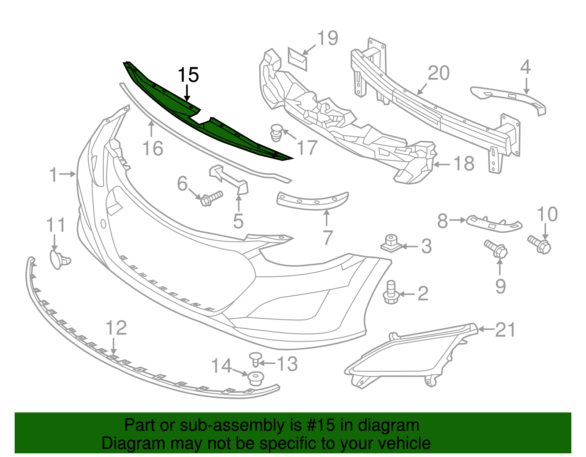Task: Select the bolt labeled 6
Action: (x=211, y=198)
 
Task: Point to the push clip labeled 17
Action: (x=277, y=132)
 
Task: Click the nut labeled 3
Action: (x=390, y=244)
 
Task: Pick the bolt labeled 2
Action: (x=391, y=293)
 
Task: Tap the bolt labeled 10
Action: (x=539, y=244)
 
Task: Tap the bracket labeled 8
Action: (x=494, y=223)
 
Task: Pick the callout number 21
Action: (x=505, y=330)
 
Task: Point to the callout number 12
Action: (x=116, y=328)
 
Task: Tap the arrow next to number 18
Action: (x=441, y=165)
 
